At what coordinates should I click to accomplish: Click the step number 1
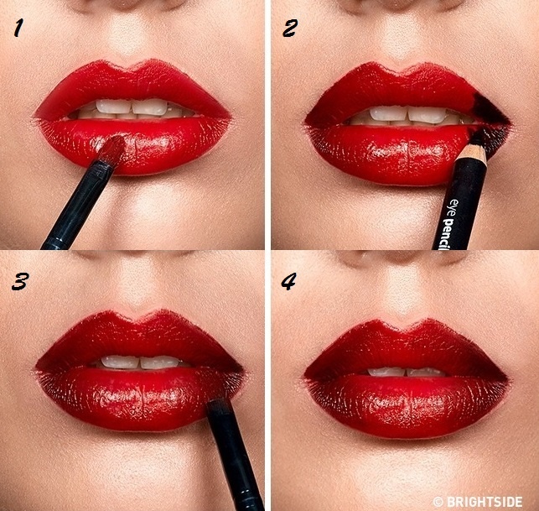[x=18, y=28]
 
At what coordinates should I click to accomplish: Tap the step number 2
[x=290, y=28]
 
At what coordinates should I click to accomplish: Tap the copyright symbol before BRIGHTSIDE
[x=438, y=502]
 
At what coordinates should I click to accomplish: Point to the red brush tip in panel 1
[x=113, y=149]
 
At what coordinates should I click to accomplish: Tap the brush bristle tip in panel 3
[x=218, y=404]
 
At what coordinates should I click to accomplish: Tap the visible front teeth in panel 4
[x=407, y=372]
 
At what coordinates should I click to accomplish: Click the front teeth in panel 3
[x=140, y=362]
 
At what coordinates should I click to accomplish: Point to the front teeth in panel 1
[x=132, y=107]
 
